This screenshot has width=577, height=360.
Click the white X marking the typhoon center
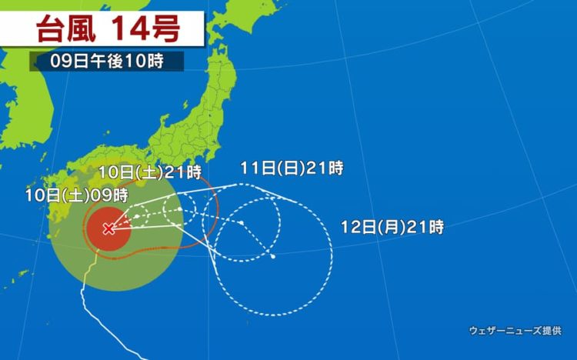pos(108,228)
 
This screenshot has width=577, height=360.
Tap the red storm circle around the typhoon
pos(100,238)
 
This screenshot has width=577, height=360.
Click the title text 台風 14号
pos(108,28)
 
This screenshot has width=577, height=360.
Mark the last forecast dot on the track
pos(273,256)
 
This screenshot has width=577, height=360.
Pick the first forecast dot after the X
pos(136,217)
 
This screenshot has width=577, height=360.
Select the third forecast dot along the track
pos(241,223)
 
